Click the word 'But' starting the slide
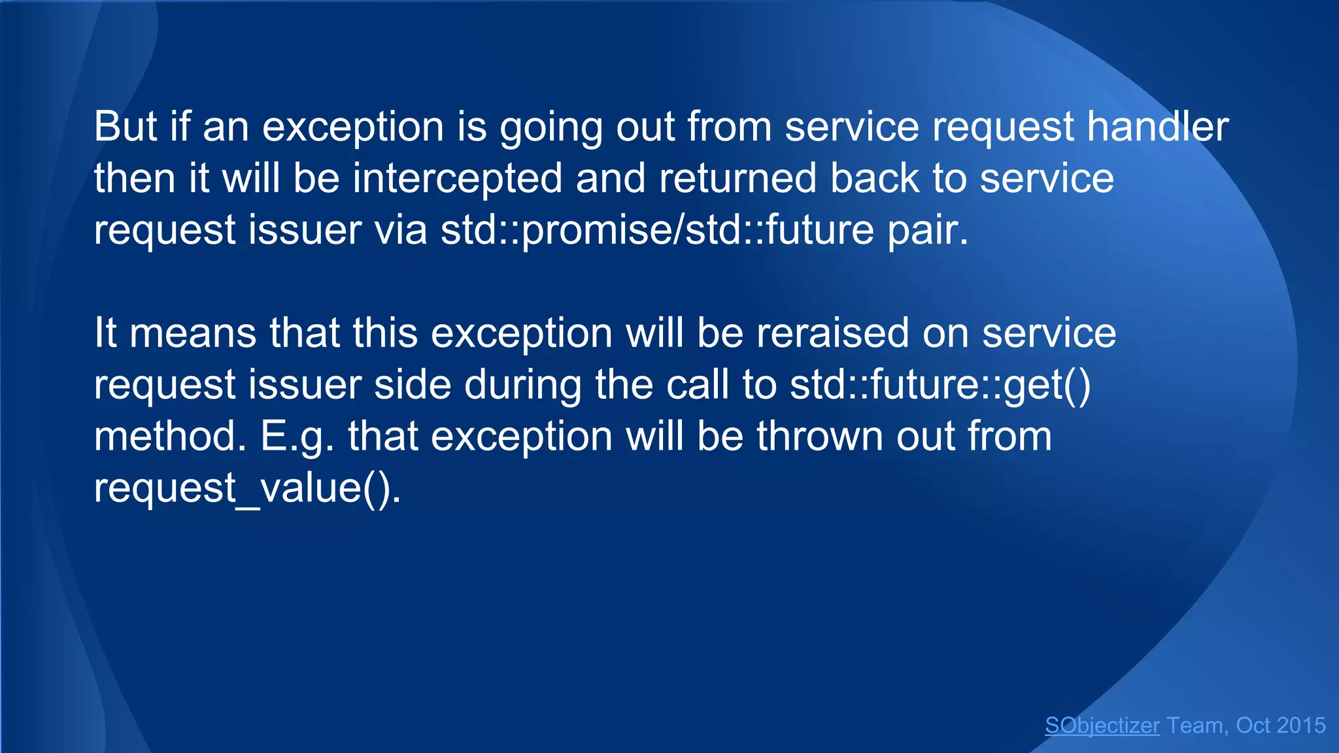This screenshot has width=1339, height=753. (x=126, y=126)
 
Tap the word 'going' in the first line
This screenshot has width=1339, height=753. (x=551, y=127)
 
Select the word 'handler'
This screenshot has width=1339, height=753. (x=1157, y=126)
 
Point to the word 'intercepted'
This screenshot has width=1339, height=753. (x=457, y=178)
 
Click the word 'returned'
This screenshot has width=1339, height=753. (x=737, y=178)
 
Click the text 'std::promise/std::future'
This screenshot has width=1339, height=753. (x=657, y=230)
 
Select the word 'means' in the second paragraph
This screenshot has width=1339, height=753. (x=193, y=333)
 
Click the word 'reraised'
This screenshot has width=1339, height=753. (x=832, y=333)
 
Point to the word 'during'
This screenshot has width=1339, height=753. (x=522, y=384)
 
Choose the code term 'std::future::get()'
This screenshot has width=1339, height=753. (x=940, y=384)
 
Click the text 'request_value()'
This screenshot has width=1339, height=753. (x=246, y=488)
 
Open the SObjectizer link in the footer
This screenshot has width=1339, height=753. (x=1102, y=726)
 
